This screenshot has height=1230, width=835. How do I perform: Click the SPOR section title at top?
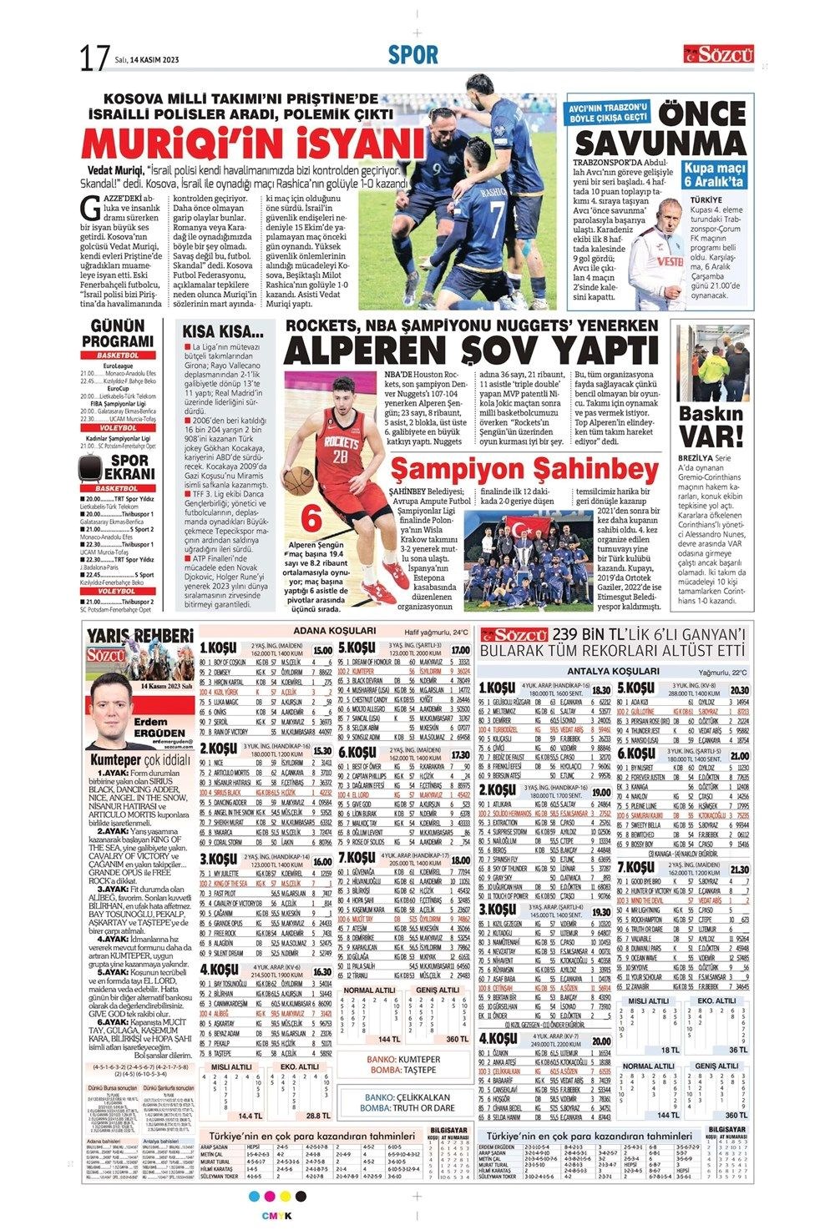tap(412, 55)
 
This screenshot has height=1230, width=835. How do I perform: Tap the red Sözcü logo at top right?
tap(719, 55)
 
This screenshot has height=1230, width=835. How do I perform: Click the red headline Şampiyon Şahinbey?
tap(516, 467)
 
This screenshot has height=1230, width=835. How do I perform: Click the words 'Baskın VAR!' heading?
tap(711, 426)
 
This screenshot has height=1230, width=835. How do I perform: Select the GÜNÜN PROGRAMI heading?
tap(117, 334)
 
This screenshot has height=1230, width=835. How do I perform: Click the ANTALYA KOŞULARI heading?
tap(612, 671)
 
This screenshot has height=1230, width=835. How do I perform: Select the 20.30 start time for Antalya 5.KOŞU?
tap(739, 690)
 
